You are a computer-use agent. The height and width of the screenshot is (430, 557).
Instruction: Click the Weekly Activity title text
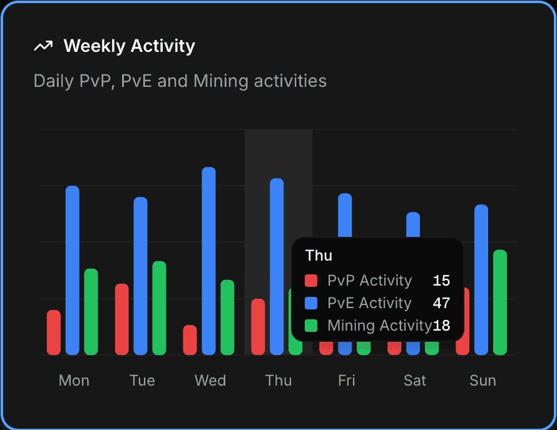(129, 46)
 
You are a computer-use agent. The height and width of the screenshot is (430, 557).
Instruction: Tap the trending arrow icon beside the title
(43, 46)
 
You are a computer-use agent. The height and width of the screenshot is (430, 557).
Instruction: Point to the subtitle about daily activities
(180, 81)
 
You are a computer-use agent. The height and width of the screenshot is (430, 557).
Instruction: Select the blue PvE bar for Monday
(73, 270)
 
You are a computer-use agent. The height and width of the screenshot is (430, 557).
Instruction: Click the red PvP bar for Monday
(54, 332)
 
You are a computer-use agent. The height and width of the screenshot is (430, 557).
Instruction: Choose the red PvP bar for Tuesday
(122, 319)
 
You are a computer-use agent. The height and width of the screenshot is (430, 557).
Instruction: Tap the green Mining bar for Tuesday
(160, 307)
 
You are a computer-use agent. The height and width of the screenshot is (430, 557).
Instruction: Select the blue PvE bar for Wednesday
(209, 261)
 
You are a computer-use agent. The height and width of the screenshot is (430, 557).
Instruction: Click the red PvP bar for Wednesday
(190, 340)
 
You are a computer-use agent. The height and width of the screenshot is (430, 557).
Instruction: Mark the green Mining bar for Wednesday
(228, 317)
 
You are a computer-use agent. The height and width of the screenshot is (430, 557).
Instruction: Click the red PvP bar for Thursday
(258, 327)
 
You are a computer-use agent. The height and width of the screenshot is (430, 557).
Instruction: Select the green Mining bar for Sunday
(500, 302)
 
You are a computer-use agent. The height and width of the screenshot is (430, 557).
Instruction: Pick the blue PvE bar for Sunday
(481, 279)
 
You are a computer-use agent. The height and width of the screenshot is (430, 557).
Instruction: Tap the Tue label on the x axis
(142, 381)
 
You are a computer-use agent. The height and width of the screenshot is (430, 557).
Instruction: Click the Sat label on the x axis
(415, 381)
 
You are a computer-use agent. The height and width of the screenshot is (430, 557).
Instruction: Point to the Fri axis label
(347, 381)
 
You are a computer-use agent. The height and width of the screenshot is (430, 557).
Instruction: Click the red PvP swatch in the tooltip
(311, 281)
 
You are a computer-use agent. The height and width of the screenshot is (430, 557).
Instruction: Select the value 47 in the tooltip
(441, 303)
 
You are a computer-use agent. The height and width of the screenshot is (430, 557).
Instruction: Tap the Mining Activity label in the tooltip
(379, 326)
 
